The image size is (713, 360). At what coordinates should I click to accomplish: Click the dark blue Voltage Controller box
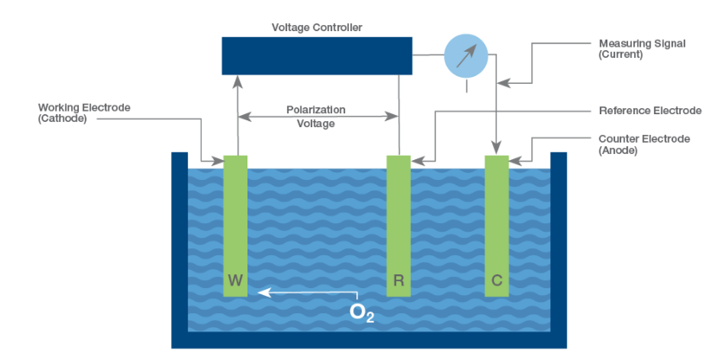(x=317, y=55)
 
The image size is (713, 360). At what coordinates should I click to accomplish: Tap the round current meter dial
(x=466, y=56)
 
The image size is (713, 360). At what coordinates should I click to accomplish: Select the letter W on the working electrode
(x=235, y=280)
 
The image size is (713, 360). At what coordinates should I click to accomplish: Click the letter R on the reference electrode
(x=398, y=280)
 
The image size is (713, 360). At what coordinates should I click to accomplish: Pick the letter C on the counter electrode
(x=496, y=280)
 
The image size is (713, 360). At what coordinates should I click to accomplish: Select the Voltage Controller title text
(x=317, y=28)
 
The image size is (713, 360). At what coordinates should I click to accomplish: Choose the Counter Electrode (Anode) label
(x=644, y=144)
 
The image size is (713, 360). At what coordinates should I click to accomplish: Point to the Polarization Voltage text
(x=317, y=117)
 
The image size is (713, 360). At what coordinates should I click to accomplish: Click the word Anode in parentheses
(x=618, y=150)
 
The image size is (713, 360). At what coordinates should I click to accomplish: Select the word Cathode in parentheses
(x=62, y=119)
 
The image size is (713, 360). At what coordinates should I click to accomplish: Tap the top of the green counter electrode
(x=496, y=160)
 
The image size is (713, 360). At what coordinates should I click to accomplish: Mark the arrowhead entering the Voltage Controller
(x=236, y=80)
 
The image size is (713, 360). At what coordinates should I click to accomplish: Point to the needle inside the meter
(x=466, y=56)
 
